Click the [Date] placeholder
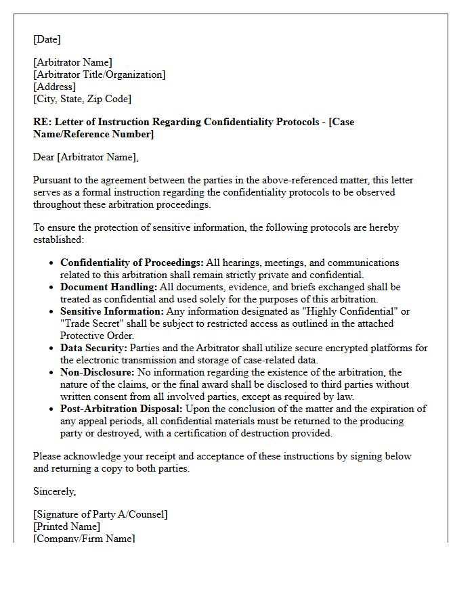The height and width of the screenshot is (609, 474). tap(47, 39)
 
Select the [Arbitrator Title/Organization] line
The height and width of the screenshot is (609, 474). tap(99, 74)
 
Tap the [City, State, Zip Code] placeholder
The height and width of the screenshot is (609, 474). tap(82, 99)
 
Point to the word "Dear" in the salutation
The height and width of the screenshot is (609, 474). tap(44, 157)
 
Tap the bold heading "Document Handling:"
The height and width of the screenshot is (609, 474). tap(108, 287)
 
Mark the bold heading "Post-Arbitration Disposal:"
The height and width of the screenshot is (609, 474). tap(121, 409)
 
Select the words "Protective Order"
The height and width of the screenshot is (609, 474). tap(96, 336)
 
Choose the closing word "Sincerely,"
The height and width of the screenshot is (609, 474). tap(54, 491)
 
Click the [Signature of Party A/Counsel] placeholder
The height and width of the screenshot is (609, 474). tap(100, 514)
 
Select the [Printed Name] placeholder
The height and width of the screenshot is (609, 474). tap(66, 526)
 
